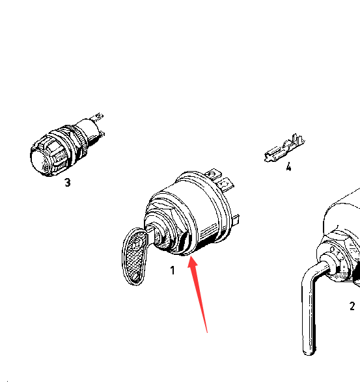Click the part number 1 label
click(173, 270)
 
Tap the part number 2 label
click(352, 306)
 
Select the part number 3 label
click(68, 182)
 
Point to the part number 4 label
click(289, 167)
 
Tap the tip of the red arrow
click(191, 256)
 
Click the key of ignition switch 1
click(136, 256)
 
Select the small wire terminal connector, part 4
click(284, 148)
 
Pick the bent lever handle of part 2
click(311, 306)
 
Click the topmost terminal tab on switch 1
click(214, 175)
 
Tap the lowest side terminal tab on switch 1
click(236, 220)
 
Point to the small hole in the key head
click(136, 277)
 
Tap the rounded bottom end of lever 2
click(309, 352)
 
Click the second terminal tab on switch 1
click(226, 184)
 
